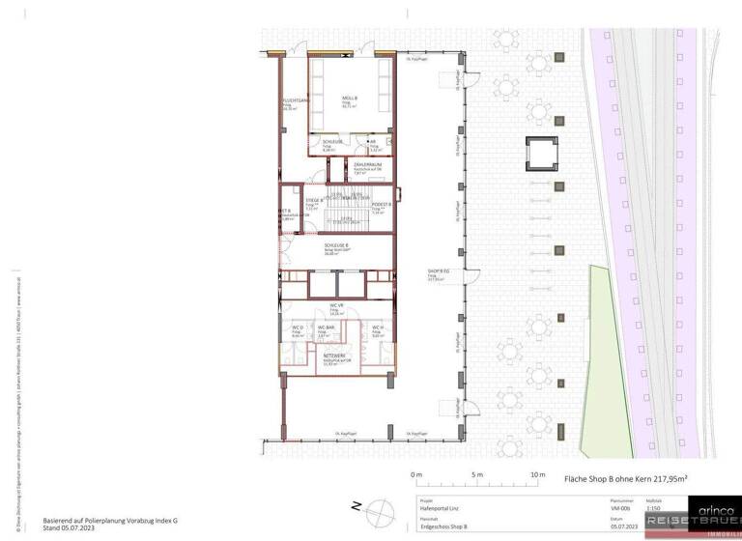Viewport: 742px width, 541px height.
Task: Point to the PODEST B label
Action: click(382, 204)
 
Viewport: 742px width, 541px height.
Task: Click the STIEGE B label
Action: click(315, 202)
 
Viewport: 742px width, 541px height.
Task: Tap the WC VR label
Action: click(336, 305)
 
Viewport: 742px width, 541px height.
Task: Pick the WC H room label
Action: click(378, 329)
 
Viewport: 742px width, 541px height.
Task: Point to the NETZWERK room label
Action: click(335, 357)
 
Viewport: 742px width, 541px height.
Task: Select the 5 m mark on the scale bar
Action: click(476, 475)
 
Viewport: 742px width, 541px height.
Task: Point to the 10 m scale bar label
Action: click(538, 475)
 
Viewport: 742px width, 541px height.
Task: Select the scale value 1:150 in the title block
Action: click(654, 506)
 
